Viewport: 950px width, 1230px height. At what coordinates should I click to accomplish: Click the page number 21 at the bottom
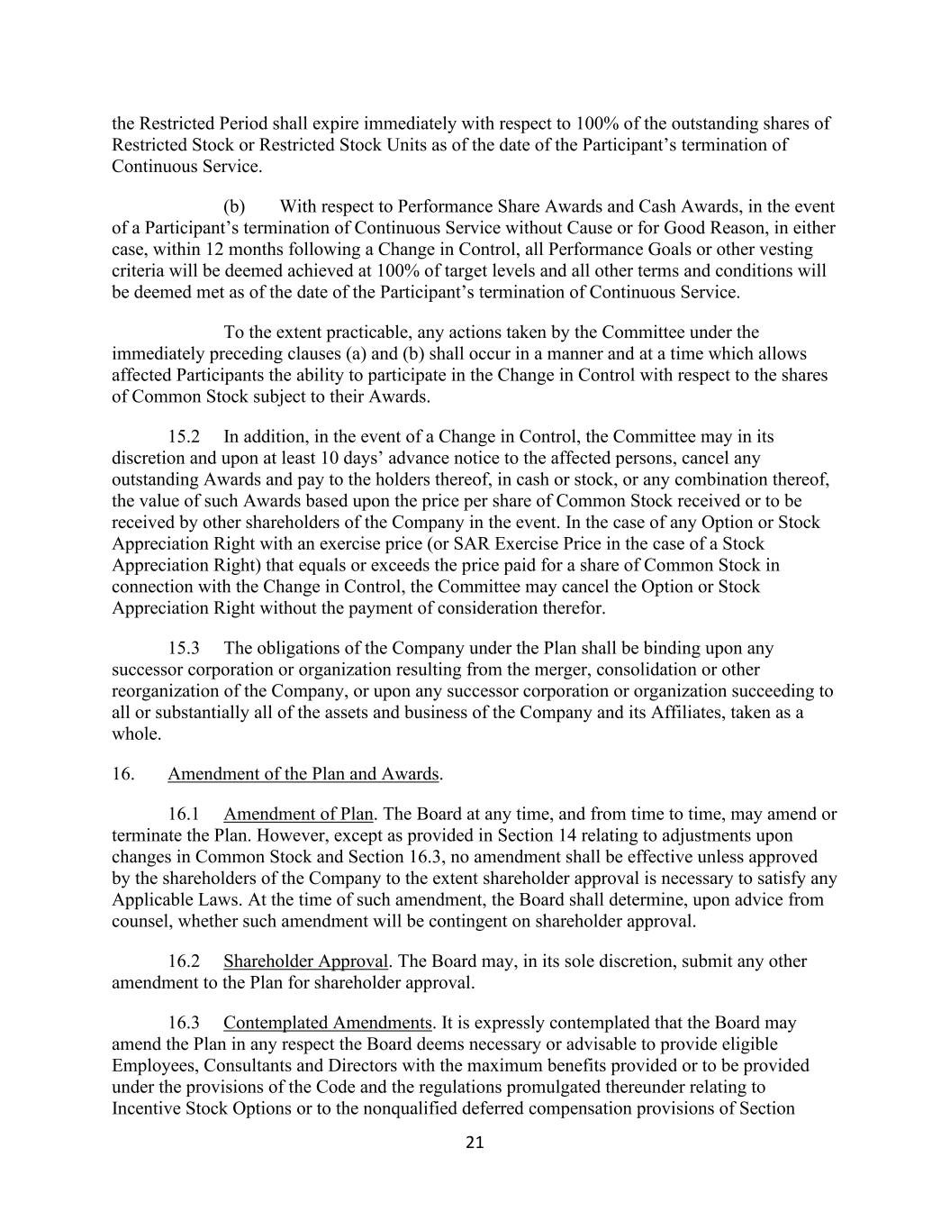point(475,1143)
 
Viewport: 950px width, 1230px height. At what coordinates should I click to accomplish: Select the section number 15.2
point(184,437)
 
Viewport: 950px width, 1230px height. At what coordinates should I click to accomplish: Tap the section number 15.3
point(184,648)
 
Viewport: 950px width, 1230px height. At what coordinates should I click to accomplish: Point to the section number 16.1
point(184,814)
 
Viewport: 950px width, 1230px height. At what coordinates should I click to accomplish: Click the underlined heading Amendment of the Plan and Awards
point(303,774)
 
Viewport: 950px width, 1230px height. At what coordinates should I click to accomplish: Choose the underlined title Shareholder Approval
point(306,961)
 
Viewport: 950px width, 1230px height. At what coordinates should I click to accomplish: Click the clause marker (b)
point(234,206)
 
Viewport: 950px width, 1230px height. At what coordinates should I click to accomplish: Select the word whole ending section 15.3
point(137,733)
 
